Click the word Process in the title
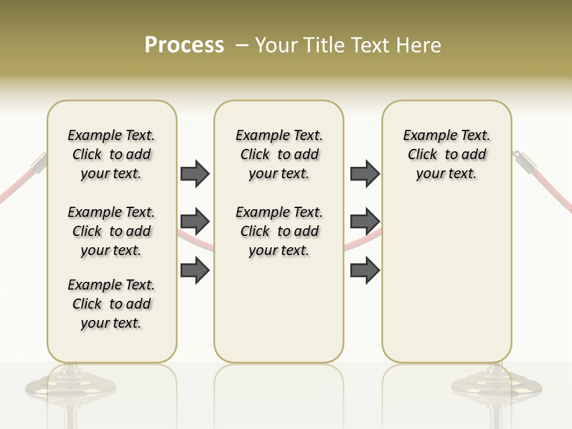(184, 45)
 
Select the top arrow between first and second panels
(195, 173)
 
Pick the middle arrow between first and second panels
(195, 222)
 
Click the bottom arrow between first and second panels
(195, 270)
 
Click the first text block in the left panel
(111, 154)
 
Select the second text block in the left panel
(111, 231)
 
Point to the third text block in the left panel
(111, 304)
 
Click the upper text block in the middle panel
(279, 154)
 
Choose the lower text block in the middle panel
(279, 231)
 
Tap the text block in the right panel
(447, 154)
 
